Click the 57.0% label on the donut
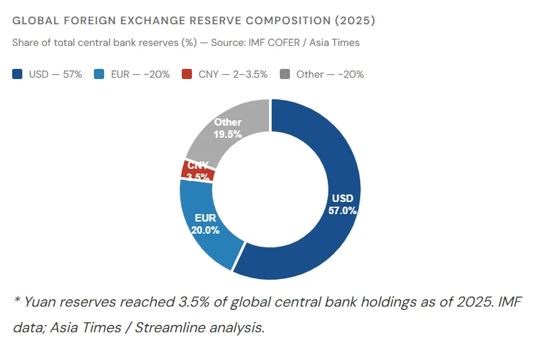[342, 210]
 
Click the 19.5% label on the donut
[228, 134]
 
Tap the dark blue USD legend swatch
[18, 74]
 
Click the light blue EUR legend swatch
[100, 74]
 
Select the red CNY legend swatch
[187, 74]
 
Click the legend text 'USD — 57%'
[55, 74]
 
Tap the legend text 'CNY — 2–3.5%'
[233, 74]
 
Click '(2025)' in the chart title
[352, 21]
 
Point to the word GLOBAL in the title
[32, 21]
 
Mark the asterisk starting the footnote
[16, 300]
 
